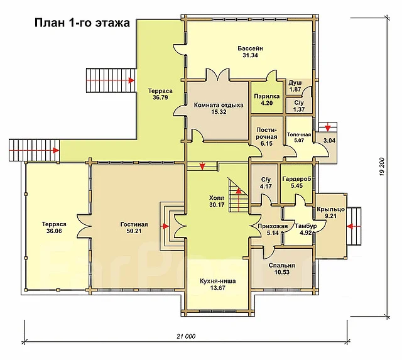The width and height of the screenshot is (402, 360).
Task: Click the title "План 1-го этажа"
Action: click(x=82, y=23)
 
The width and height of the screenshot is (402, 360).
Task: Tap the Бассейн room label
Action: click(x=250, y=48)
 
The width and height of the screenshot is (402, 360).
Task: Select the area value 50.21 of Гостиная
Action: click(x=134, y=231)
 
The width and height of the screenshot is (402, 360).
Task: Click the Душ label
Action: click(x=295, y=83)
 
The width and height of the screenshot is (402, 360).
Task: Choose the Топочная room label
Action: click(x=299, y=134)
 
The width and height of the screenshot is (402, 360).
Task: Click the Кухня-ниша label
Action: click(x=218, y=281)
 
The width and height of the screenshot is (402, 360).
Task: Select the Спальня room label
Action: click(x=282, y=265)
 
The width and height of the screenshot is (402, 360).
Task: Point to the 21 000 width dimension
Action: click(x=186, y=336)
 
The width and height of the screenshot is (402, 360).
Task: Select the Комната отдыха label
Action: click(x=219, y=105)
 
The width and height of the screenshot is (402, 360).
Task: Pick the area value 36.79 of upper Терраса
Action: click(x=160, y=97)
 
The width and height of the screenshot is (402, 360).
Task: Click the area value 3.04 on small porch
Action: click(x=329, y=141)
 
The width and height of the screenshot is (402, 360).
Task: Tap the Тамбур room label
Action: click(x=306, y=226)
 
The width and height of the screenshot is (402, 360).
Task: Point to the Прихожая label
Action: click(x=273, y=226)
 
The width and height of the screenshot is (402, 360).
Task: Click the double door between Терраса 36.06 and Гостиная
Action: click(x=85, y=227)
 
